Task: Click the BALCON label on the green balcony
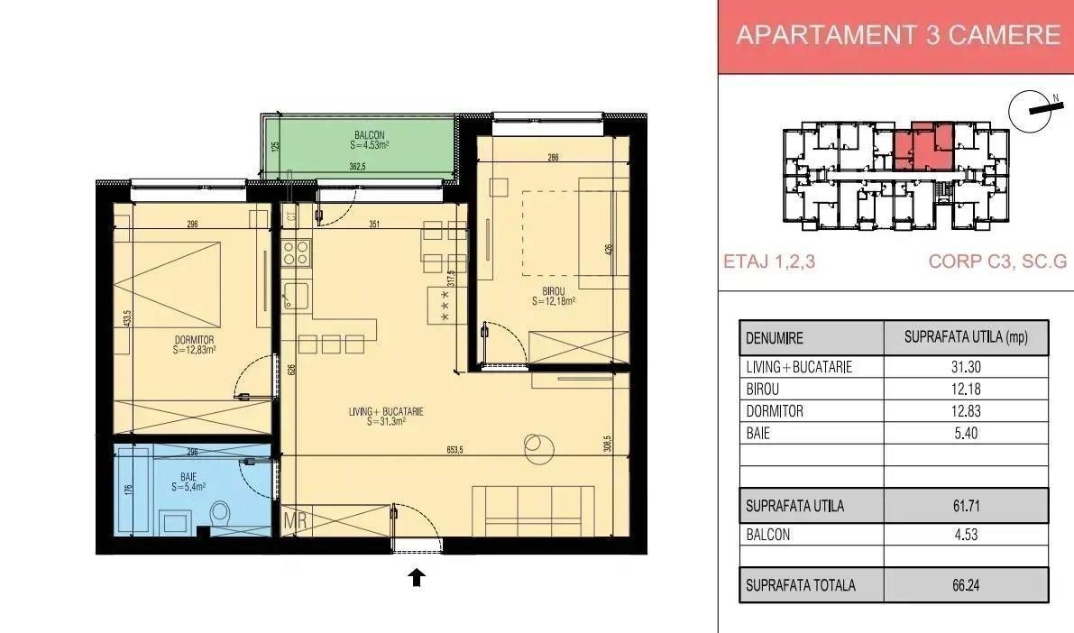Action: (369, 135)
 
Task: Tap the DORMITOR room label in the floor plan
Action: (195, 340)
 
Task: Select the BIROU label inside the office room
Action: (554, 291)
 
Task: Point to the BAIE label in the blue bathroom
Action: (188, 477)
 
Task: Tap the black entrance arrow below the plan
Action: (417, 577)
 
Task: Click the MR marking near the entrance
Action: (295, 520)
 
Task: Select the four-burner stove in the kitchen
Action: (296, 252)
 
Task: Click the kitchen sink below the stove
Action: (295, 296)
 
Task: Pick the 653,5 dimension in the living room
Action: (455, 450)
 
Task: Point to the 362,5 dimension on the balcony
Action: (357, 166)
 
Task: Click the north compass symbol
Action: (1032, 110)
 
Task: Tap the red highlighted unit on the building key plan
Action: (923, 147)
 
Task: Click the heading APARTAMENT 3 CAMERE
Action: (898, 34)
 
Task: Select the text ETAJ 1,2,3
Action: (769, 261)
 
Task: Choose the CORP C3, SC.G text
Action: (997, 261)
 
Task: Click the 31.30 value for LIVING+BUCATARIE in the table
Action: (966, 367)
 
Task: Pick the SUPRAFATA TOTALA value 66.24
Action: (966, 586)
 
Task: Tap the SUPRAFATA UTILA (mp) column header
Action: (966, 337)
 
